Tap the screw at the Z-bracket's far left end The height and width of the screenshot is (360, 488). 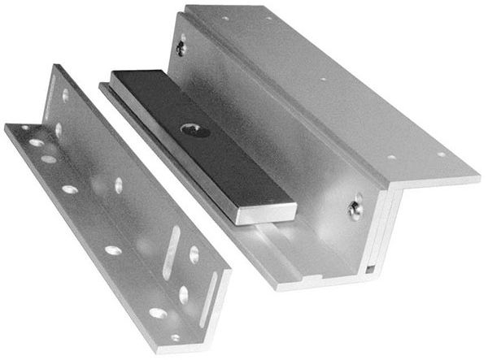pos(181,48)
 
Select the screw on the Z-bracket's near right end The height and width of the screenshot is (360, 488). pos(356,207)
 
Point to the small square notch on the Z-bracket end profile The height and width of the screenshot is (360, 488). pos(370,268)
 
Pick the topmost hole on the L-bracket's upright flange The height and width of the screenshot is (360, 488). pos(66,95)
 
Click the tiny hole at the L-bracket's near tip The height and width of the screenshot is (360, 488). pos(175,336)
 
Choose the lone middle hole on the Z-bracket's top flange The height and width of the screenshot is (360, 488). pos(323,80)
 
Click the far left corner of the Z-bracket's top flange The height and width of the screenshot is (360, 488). pos(189,7)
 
